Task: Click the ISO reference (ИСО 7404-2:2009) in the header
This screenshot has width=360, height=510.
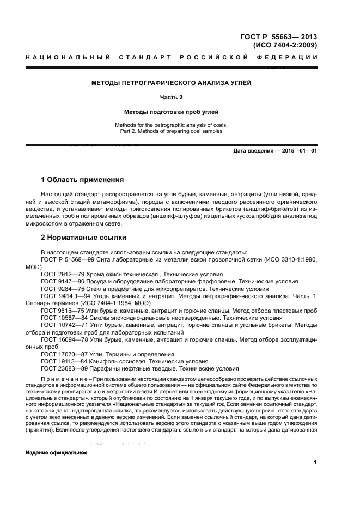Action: point(288,45)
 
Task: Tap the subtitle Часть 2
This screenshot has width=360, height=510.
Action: point(171,98)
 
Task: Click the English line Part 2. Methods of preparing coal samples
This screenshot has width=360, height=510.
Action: point(171,131)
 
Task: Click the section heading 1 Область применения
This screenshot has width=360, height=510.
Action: point(82,180)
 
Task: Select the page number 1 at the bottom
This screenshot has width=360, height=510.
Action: point(315,463)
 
